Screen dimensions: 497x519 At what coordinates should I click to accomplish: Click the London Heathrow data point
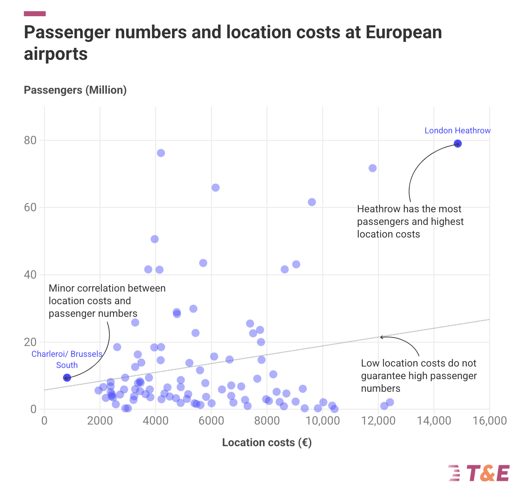tap(457, 144)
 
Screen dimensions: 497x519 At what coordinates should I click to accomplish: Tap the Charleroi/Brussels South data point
tap(67, 378)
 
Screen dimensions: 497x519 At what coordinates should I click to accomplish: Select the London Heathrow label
tap(457, 130)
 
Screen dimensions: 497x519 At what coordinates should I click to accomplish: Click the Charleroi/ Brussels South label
tap(67, 359)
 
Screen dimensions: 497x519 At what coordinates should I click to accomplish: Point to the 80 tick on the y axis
tap(30, 140)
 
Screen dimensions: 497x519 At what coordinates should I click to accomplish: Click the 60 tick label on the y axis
tap(30, 208)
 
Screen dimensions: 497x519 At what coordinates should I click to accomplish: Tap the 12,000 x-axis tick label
tap(378, 421)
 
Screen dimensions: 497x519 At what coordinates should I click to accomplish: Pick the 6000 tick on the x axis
tap(211, 421)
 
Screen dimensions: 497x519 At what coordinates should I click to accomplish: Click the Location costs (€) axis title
tap(267, 443)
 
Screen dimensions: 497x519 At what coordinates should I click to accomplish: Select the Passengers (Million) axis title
tap(75, 90)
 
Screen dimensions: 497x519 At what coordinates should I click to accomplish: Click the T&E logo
tap(479, 473)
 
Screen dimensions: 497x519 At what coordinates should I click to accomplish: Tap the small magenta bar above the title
tap(35, 14)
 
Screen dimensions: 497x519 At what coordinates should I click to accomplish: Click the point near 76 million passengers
tap(161, 153)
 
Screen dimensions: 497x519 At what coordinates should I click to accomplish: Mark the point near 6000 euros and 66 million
tap(216, 188)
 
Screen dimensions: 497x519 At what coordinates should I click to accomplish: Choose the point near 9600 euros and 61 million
tap(312, 202)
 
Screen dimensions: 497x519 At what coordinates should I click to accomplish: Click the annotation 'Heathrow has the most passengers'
tap(410, 221)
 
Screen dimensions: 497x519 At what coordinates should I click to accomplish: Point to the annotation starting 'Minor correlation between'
tap(107, 301)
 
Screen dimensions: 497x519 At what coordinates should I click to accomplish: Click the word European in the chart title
tap(403, 32)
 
